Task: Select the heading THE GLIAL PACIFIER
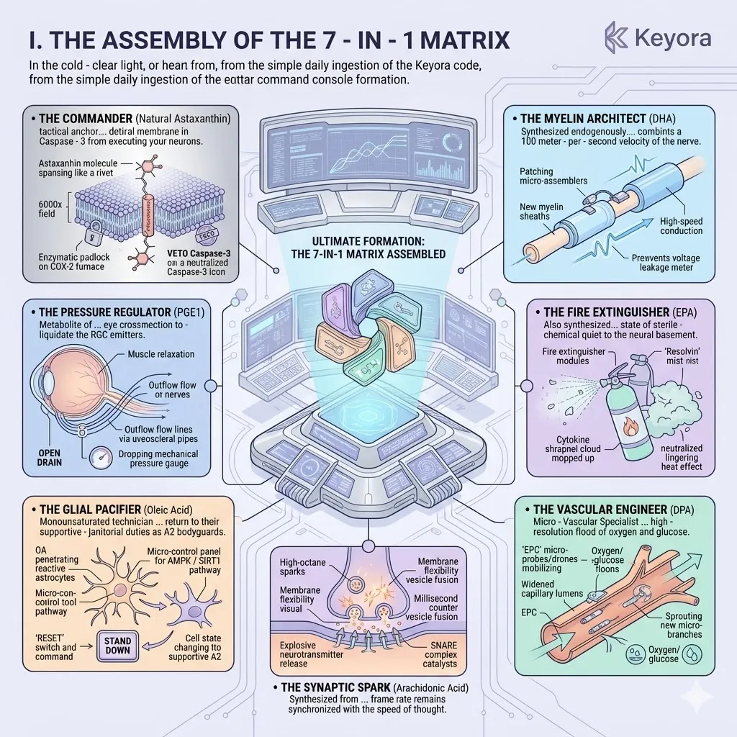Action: pyautogui.click(x=87, y=510)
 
